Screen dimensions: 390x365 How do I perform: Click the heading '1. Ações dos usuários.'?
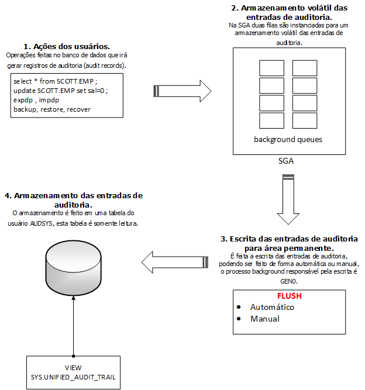click(x=67, y=46)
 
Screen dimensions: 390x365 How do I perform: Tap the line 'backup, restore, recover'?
click(x=51, y=109)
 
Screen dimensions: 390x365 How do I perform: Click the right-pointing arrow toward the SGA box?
click(x=182, y=91)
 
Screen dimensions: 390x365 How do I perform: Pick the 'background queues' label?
click(x=288, y=140)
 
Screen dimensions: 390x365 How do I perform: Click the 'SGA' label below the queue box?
click(x=286, y=160)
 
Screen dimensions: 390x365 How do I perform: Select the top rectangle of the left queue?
click(x=271, y=68)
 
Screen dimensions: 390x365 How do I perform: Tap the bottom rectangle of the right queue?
click(x=305, y=120)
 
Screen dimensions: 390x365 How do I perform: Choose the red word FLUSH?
click(x=289, y=296)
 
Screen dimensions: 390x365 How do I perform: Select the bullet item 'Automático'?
click(x=272, y=307)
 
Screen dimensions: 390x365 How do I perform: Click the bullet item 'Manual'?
click(x=265, y=319)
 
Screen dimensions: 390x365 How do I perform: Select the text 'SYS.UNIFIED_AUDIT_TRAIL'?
click(x=73, y=377)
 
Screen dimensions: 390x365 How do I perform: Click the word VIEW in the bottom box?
click(x=73, y=368)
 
